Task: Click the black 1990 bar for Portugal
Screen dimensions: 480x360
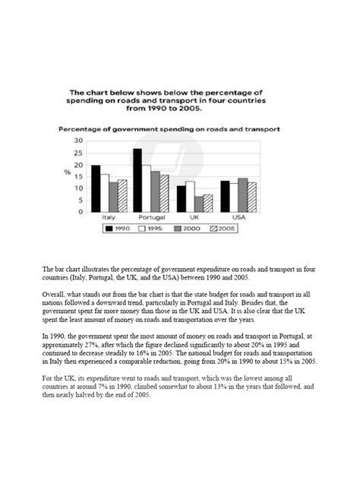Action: click(137, 180)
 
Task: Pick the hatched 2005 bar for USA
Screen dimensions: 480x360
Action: click(252, 197)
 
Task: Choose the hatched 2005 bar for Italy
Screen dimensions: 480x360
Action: click(122, 196)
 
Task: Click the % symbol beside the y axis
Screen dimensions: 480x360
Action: click(67, 173)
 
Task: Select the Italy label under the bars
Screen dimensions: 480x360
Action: click(108, 217)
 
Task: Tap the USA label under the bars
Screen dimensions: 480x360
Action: click(238, 217)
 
